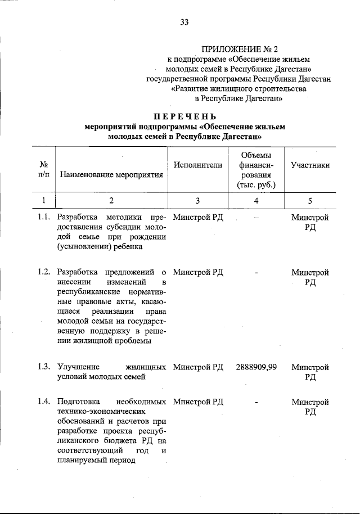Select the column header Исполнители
pos(198,165)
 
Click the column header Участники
pos(310,165)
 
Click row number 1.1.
pos(44,218)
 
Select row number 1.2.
pos(44,272)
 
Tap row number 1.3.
pos(44,367)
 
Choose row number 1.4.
pos(44,402)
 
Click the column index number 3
pos(198,200)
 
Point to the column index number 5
pos(310,200)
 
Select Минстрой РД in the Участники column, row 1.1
pos(310,222)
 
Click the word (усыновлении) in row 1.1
pos(83,246)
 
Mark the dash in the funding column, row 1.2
pos(256,272)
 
